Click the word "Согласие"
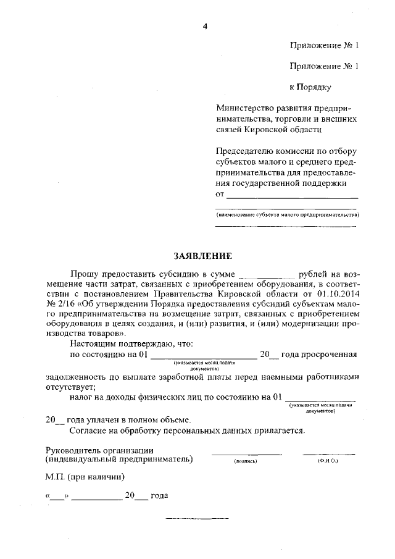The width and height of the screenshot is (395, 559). coord(88,430)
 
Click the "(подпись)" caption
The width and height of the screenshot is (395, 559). coord(246,461)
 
